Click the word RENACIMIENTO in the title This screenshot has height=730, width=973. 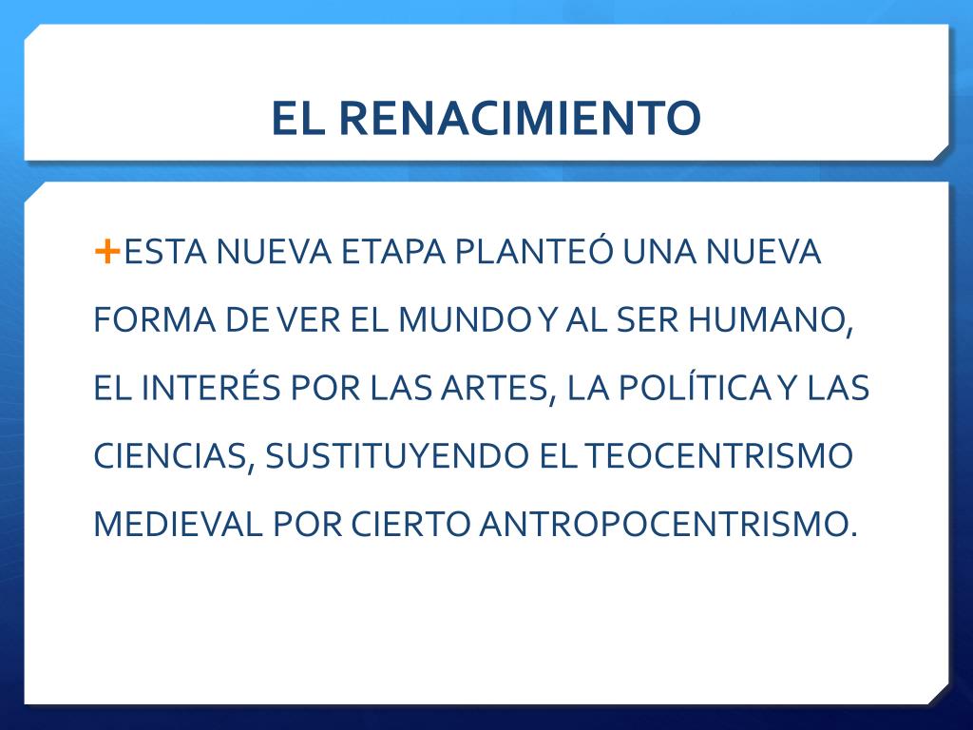tap(520, 117)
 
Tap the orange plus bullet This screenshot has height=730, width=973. tap(106, 251)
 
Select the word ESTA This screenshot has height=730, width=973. tap(165, 251)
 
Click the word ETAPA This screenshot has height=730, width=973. tap(393, 251)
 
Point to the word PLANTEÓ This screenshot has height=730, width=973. tap(534, 250)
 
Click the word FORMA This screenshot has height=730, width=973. tap(155, 319)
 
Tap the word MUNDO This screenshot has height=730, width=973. tap(467, 319)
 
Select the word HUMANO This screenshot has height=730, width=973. tap(770, 321)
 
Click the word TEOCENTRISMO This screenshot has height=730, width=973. tap(718, 455)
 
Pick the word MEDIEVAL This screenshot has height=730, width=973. tap(178, 524)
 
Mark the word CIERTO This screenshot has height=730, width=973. tap(410, 524)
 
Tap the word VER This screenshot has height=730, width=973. tap(309, 319)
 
